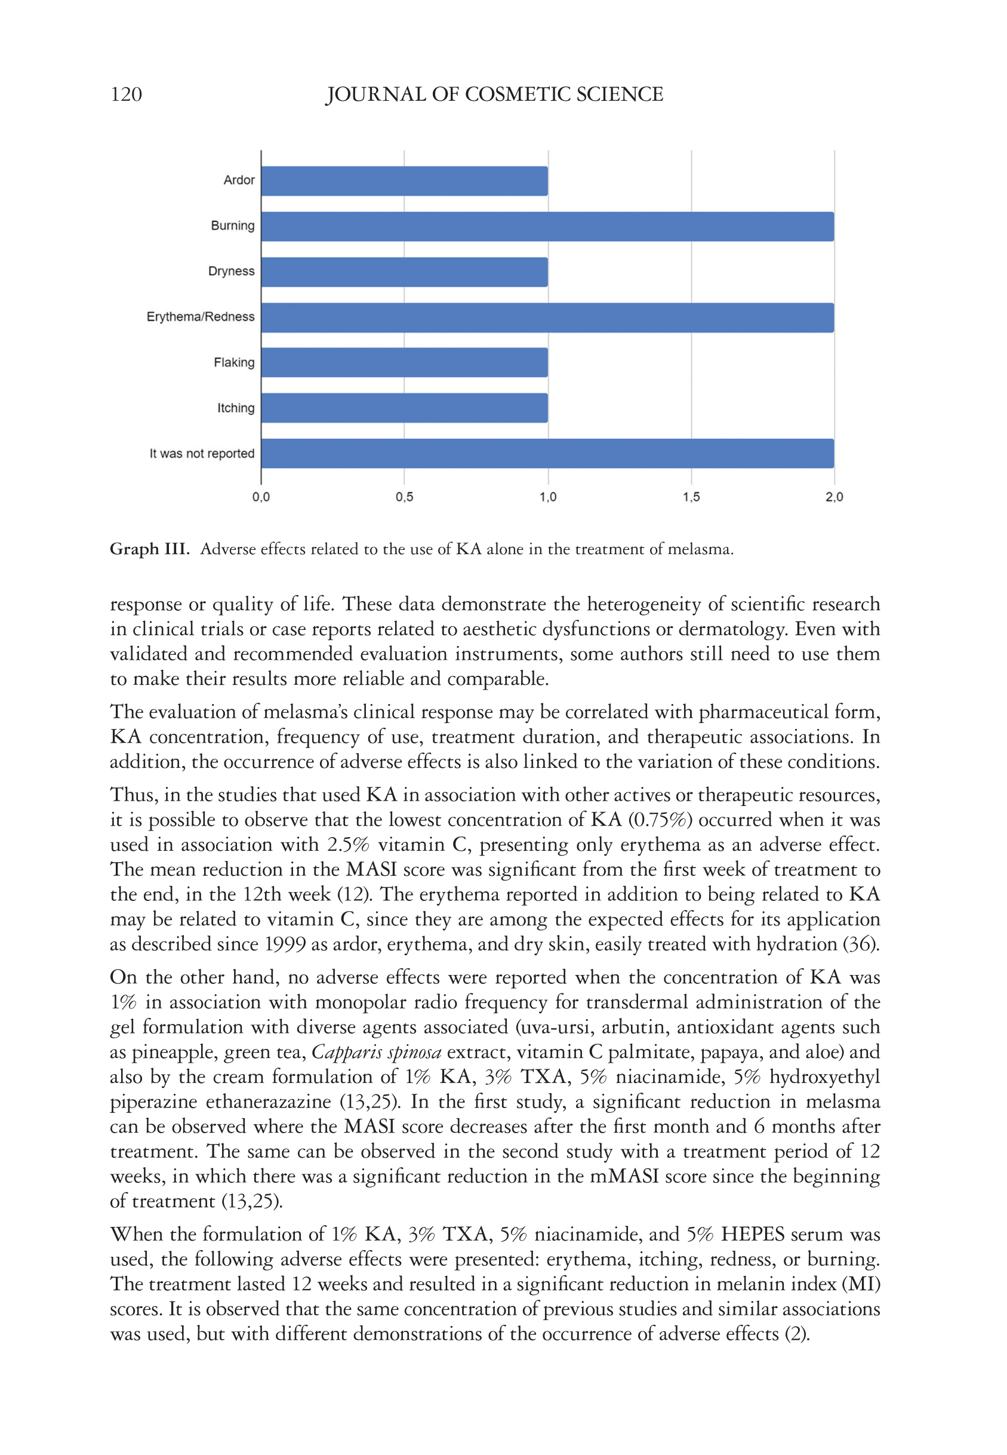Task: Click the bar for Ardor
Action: [x=405, y=181]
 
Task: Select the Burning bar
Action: [x=547, y=226]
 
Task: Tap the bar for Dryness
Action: [x=405, y=272]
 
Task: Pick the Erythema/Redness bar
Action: [x=547, y=318]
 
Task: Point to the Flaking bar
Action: [x=405, y=363]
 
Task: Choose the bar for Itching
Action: [x=405, y=408]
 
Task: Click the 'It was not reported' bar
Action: [x=547, y=454]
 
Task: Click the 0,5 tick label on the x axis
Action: [x=405, y=497]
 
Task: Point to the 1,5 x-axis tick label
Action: [x=691, y=497]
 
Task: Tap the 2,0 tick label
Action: [x=834, y=497]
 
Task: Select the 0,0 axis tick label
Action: [x=261, y=497]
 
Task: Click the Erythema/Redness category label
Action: [x=201, y=317]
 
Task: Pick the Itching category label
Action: [x=236, y=408]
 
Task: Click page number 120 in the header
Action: [x=126, y=95]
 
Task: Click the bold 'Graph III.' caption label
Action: [x=150, y=549]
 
